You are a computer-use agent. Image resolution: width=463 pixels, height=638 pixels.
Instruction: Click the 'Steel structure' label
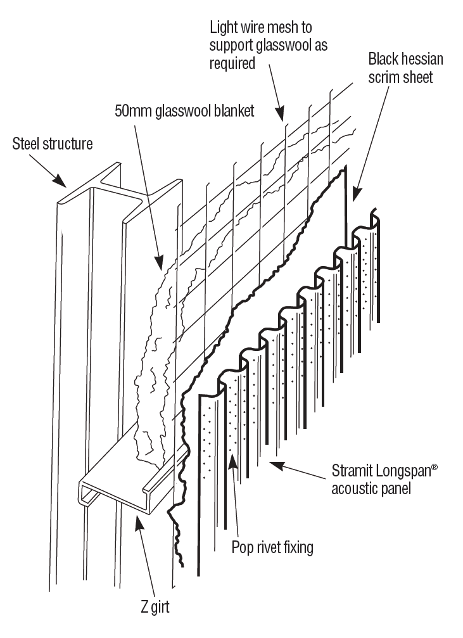click(x=53, y=144)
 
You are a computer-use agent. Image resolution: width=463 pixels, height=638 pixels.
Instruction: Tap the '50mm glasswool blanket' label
click(x=184, y=112)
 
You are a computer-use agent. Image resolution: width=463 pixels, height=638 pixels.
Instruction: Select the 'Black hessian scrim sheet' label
click(x=405, y=68)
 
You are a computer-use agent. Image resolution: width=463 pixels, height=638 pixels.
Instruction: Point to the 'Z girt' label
click(x=155, y=606)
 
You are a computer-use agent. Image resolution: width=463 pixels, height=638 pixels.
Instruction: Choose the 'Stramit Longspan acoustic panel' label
click(x=384, y=480)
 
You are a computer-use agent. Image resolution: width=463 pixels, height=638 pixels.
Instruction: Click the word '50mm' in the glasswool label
click(x=130, y=112)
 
